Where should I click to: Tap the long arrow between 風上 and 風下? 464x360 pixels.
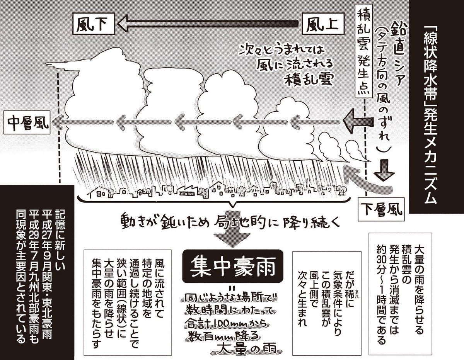click(x=209, y=25)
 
